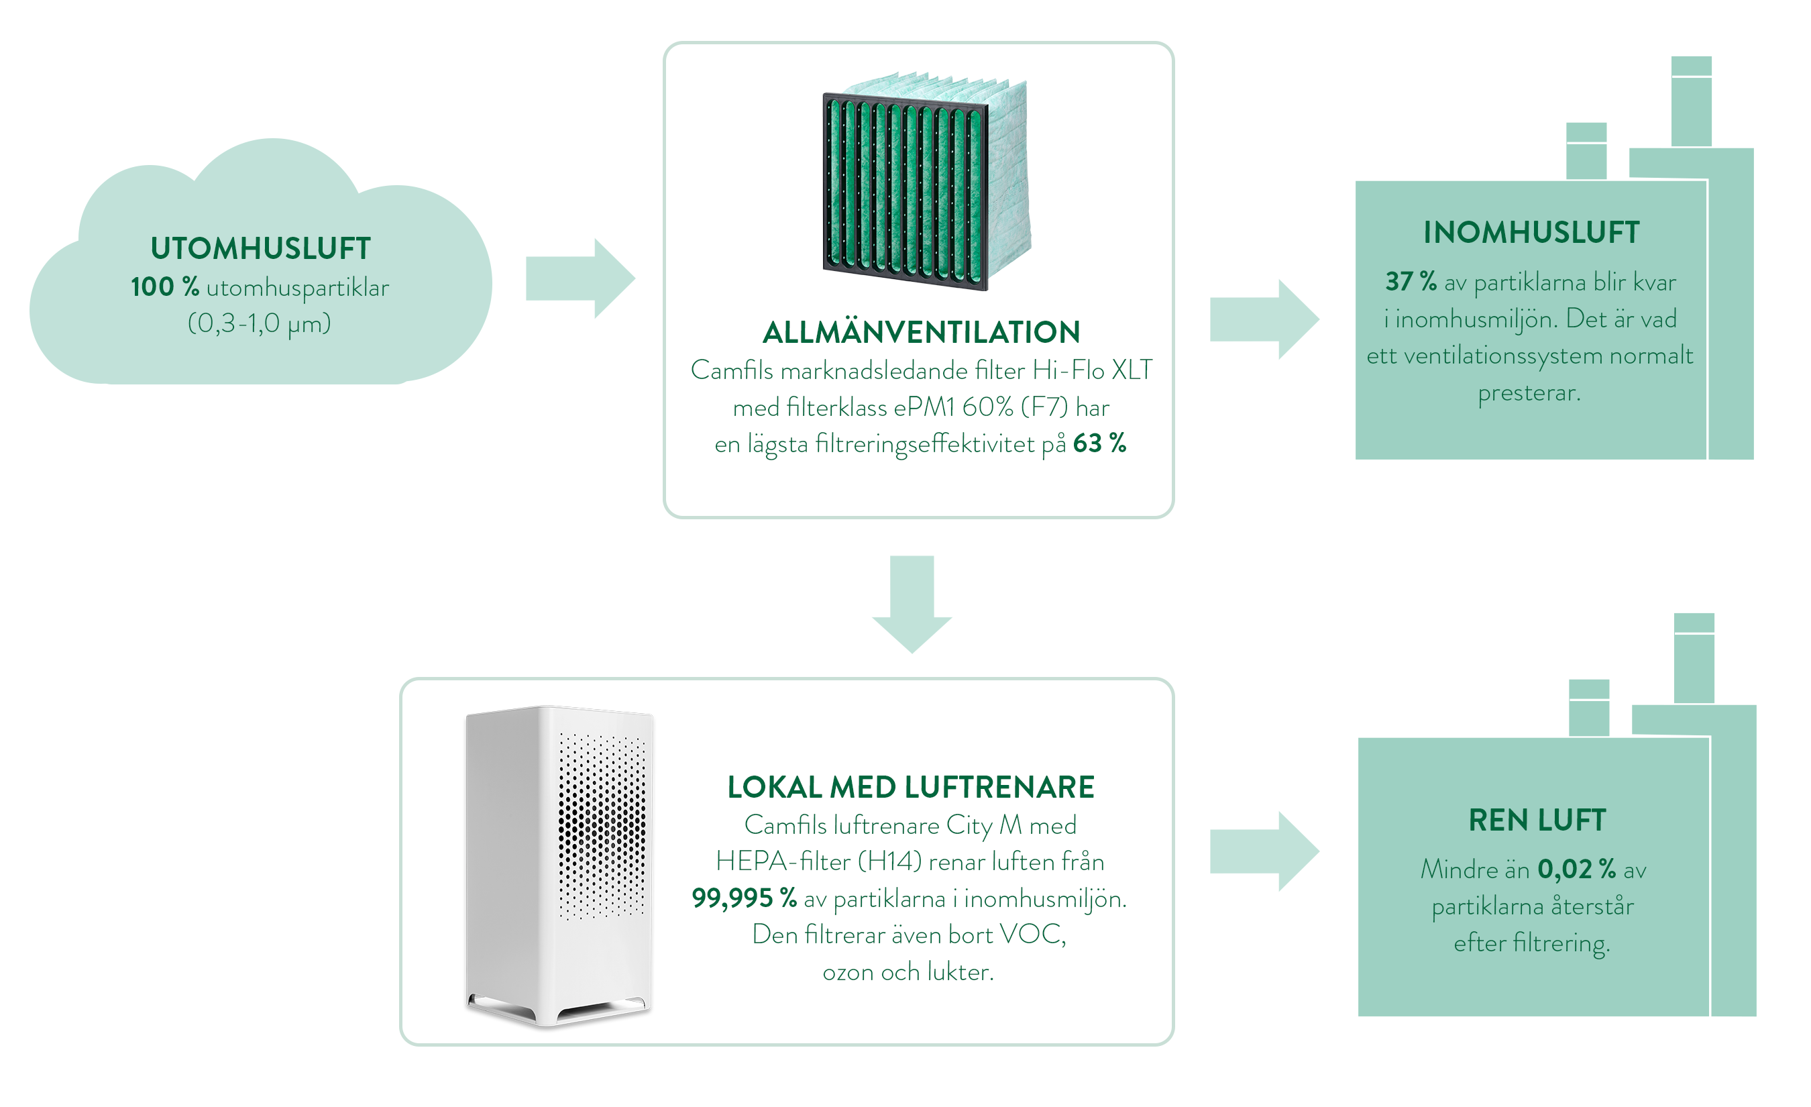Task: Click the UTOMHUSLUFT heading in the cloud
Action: point(260,248)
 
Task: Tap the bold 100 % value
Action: point(164,286)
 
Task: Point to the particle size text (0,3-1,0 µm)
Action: point(260,323)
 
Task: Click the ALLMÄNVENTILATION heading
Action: point(921,332)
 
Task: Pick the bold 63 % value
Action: point(1099,443)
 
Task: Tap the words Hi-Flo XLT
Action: point(1092,370)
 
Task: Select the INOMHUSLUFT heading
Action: point(1531,232)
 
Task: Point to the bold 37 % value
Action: point(1411,282)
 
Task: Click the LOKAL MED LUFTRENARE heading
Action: point(911,787)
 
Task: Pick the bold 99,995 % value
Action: point(744,898)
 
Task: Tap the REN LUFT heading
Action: point(1537,821)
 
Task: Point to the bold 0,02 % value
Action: point(1576,869)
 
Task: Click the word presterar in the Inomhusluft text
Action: point(1529,393)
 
